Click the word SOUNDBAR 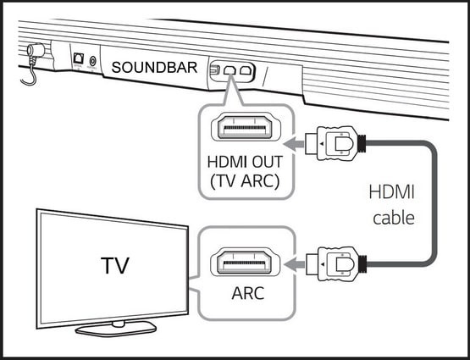coord(154,68)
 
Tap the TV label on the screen coord(115,266)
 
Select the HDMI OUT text coord(245,162)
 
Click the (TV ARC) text coord(245,181)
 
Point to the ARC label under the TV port coord(248,293)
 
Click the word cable coord(394,218)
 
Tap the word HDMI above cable coord(391,192)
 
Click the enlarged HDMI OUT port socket coord(246,128)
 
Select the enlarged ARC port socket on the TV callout coord(246,263)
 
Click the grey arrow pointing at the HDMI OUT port coord(294,144)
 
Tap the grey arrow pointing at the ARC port coord(295,264)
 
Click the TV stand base coord(116,328)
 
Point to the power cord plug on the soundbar coord(35,50)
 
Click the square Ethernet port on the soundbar coord(79,58)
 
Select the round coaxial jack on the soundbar coord(92,62)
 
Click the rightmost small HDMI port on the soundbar coord(246,70)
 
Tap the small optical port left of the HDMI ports coord(215,70)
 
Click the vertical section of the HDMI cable coord(433,204)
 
